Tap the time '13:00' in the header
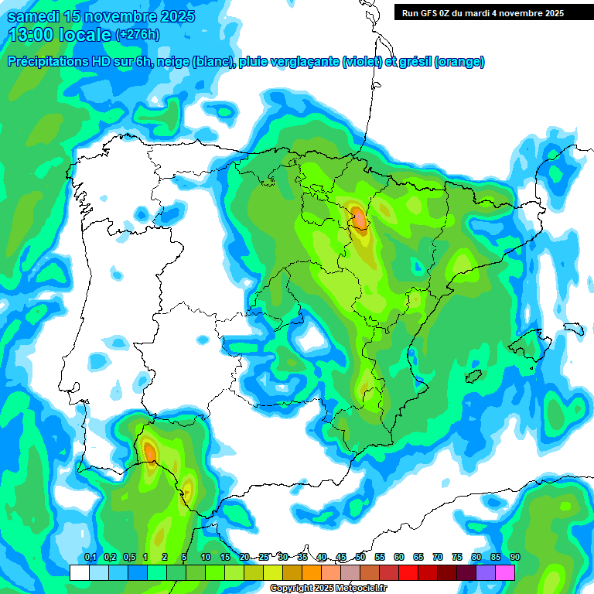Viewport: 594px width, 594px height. click(x=33, y=35)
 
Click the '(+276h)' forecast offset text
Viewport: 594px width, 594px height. click(x=137, y=35)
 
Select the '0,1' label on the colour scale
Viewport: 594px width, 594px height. click(x=90, y=558)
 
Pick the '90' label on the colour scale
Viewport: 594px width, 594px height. click(x=515, y=558)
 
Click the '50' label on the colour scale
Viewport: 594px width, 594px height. click(x=360, y=558)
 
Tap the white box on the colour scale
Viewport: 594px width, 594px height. click(x=80, y=572)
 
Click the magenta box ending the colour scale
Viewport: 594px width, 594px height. click(x=505, y=572)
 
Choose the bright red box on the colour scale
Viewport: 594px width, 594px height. click(x=408, y=572)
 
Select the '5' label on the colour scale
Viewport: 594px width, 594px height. click(x=184, y=558)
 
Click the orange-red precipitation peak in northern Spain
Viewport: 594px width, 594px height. click(x=358, y=218)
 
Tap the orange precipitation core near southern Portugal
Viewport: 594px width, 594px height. click(x=149, y=450)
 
